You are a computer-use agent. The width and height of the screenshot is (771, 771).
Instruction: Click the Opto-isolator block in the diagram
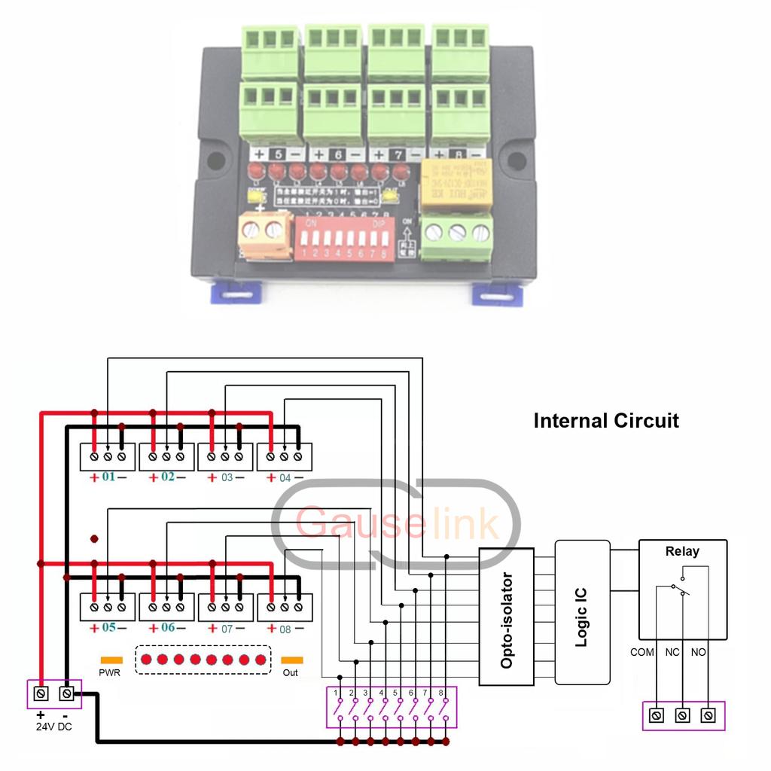pos(507,617)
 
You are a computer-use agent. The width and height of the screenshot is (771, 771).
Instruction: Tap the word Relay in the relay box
pos(682,551)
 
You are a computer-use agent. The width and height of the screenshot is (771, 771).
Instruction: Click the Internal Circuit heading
pos(606,420)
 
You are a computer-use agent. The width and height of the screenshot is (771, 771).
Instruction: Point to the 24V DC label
pos(53,727)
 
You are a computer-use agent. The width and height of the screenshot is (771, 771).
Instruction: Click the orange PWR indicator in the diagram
pos(111,660)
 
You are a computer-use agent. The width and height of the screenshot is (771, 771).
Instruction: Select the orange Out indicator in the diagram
pos(291,660)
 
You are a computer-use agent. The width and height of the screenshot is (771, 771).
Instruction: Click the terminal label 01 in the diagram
pos(108,477)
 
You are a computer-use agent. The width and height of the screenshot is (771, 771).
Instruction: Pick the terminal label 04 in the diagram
pos(285,477)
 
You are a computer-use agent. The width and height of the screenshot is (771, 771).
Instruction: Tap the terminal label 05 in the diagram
pos(108,627)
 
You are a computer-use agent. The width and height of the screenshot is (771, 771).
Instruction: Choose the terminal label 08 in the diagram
pos(285,627)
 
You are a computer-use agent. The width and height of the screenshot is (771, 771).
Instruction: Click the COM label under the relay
pos(642,652)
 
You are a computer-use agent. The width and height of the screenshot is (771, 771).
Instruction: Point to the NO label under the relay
pos(698,652)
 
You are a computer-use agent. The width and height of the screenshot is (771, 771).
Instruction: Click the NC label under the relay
pos(672,652)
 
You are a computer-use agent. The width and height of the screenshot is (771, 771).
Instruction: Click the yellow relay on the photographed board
pos(456,183)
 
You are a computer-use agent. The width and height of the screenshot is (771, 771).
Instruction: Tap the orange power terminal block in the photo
pos(264,234)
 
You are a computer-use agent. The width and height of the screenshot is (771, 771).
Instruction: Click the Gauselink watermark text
pos(397,523)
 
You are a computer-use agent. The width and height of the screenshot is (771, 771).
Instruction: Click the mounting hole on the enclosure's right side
pos(517,160)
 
